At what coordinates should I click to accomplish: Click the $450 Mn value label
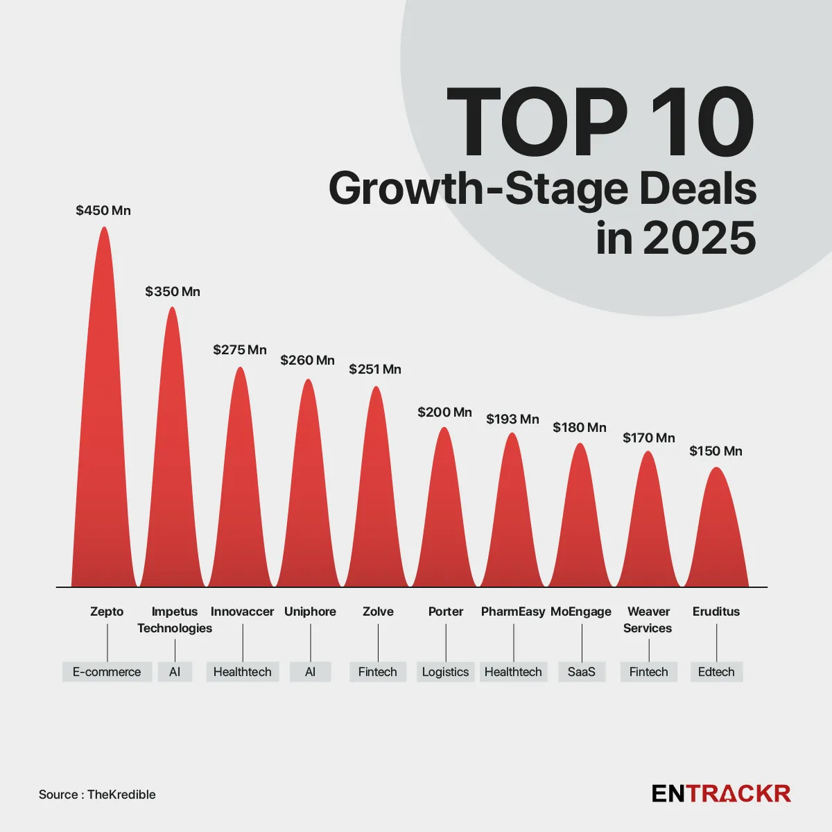point(103,211)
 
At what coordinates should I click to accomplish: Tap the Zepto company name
point(107,612)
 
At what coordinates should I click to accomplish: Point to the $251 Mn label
point(375,370)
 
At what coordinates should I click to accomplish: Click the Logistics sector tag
point(445,672)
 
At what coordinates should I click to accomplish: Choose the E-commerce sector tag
point(107,672)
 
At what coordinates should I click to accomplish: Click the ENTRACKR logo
point(721,794)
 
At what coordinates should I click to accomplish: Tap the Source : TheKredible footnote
point(97,795)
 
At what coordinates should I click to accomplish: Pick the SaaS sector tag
point(581,672)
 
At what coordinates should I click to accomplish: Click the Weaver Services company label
point(648,620)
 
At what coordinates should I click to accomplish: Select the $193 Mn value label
point(512,419)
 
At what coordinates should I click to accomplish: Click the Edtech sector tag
point(716,672)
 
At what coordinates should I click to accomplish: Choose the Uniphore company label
point(310,612)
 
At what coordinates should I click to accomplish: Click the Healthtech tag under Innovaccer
point(243,672)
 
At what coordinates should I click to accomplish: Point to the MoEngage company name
point(581,612)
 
